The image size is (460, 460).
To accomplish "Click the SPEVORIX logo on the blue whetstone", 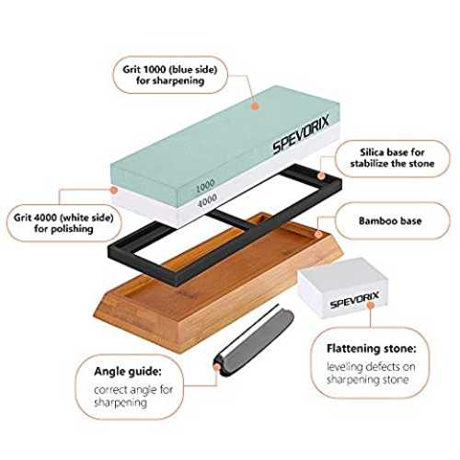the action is tap(301, 133).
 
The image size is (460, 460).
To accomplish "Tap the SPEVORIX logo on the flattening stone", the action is tap(354, 300).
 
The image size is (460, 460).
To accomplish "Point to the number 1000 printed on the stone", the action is tap(205, 186).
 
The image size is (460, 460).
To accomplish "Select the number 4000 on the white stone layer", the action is tap(208, 201).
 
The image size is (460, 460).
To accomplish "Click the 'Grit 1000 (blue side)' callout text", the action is tap(170, 69).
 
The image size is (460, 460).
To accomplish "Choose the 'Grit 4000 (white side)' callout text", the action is tap(63, 218).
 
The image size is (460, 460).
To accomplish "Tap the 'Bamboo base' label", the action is tap(390, 221).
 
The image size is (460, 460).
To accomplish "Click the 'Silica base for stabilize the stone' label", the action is tap(392, 157).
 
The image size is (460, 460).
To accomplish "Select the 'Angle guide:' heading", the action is tap(128, 372).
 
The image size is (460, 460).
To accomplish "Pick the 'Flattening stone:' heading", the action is tap(372, 349).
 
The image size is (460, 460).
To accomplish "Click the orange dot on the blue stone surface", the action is tap(255, 107).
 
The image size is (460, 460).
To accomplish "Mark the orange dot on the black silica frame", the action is tap(321, 176).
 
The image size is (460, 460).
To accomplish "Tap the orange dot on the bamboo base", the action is tap(318, 235).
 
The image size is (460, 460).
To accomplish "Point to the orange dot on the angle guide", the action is tap(217, 366).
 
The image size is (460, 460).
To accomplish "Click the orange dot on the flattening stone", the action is tap(371, 305).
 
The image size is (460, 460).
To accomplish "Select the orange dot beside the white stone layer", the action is tap(114, 190).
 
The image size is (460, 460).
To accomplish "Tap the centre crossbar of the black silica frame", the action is tap(232, 222).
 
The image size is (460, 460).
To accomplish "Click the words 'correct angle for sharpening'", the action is tap(133, 396).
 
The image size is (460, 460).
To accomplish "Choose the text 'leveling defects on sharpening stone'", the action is tap(371, 373).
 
